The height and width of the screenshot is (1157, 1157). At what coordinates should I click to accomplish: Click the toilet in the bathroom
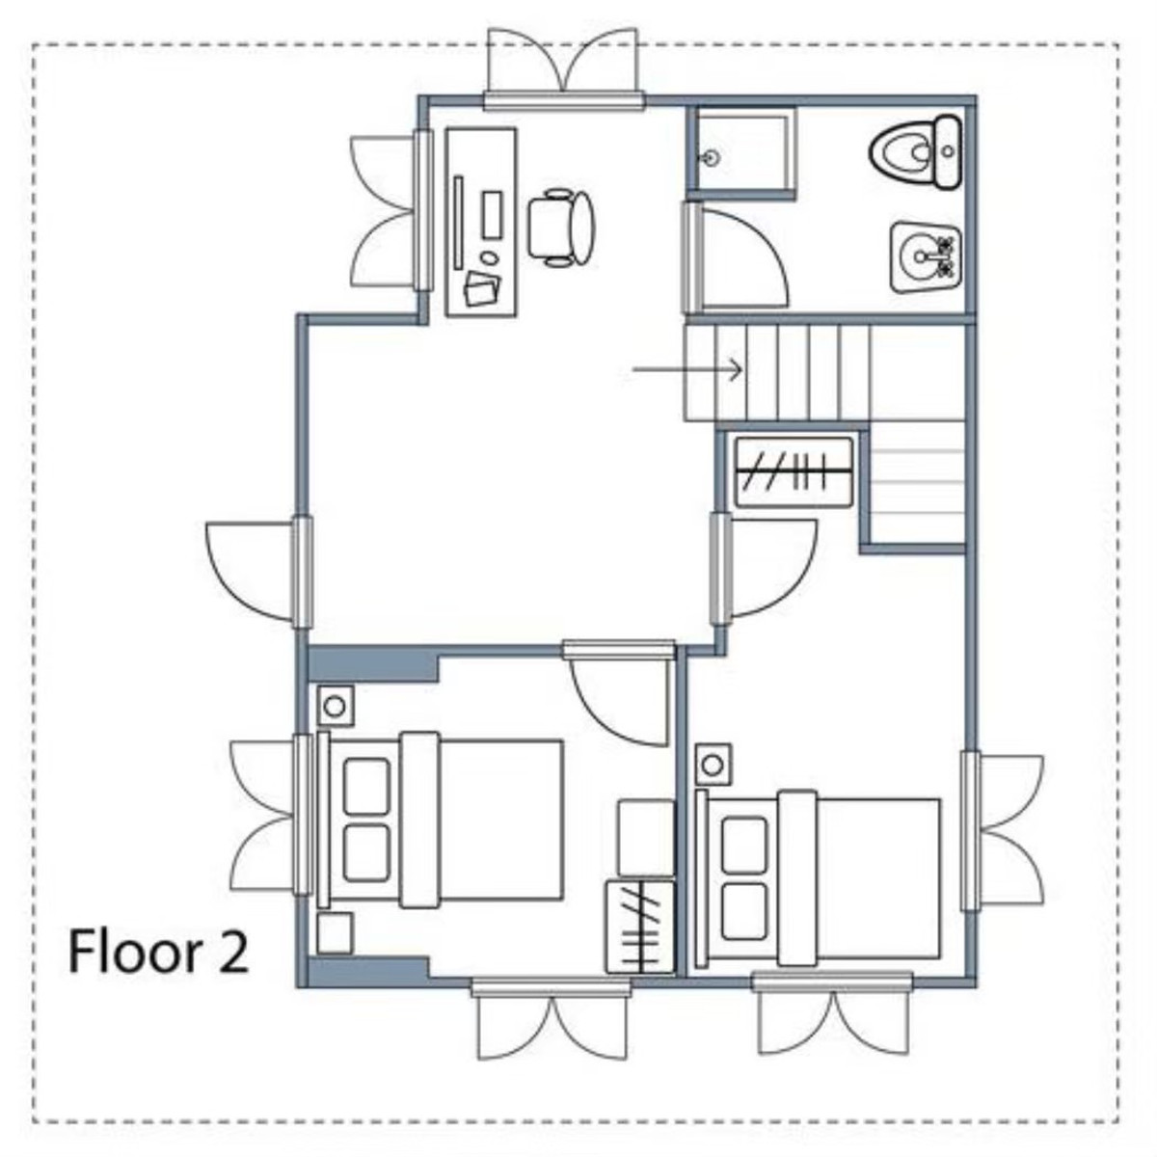(x=915, y=152)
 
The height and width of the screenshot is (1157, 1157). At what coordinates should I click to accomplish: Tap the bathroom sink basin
(x=926, y=257)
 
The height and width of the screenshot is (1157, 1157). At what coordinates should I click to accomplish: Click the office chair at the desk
(x=561, y=228)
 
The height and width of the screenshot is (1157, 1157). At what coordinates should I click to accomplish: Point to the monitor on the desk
(x=458, y=222)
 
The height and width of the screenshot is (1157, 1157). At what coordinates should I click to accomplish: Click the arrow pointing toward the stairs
(x=686, y=369)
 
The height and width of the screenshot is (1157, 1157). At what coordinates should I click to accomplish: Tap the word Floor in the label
(x=134, y=952)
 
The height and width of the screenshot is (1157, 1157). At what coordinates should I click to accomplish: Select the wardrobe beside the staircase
(x=794, y=472)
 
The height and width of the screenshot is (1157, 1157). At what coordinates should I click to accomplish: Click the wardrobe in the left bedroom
(x=639, y=927)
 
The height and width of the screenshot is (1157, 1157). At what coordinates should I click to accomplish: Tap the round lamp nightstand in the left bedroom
(x=335, y=706)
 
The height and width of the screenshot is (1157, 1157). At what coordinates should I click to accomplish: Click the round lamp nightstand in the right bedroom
(x=713, y=766)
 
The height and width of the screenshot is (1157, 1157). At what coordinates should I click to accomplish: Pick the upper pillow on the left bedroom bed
(x=366, y=786)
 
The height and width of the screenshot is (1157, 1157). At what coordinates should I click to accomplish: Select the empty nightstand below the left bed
(x=335, y=932)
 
